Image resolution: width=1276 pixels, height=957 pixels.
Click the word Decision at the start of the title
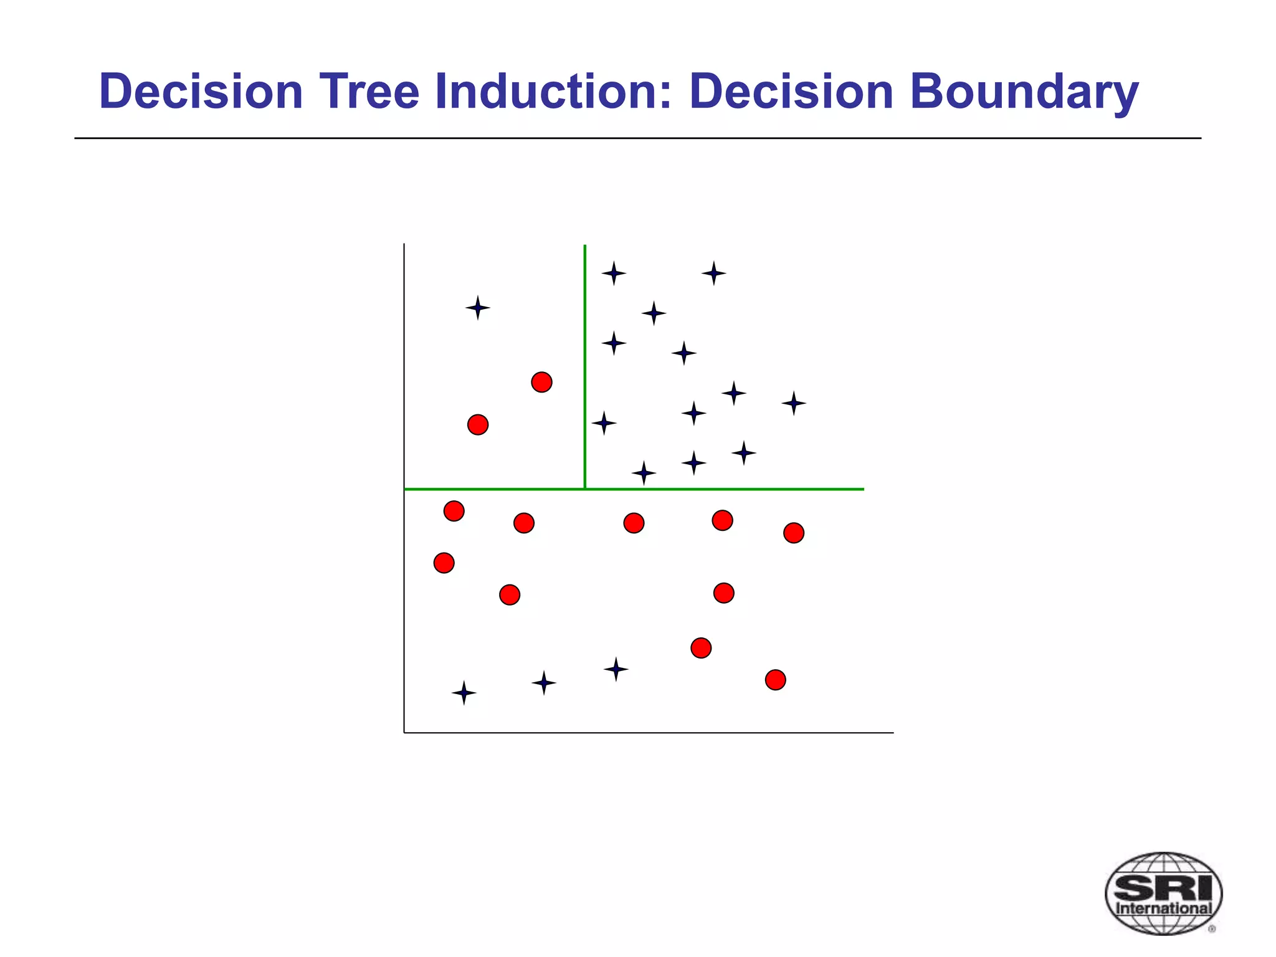[201, 92]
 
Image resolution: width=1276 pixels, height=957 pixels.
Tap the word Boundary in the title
[1024, 92]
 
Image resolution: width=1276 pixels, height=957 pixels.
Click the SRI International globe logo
[1163, 893]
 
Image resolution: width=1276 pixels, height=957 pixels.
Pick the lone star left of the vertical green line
[478, 308]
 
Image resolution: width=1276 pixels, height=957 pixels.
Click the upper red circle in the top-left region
[541, 382]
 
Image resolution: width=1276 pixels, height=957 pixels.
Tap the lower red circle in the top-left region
[478, 425]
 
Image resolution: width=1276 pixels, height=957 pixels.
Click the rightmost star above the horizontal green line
[794, 403]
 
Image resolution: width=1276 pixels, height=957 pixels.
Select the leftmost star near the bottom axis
[464, 693]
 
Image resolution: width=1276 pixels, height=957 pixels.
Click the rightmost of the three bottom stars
[616, 669]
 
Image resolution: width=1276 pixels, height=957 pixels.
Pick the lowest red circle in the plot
[775, 680]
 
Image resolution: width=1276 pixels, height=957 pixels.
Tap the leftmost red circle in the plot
[444, 563]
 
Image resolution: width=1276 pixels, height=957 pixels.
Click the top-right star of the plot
[713, 273]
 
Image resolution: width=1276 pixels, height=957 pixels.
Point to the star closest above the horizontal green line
[644, 474]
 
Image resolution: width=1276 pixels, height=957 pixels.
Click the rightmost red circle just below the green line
[793, 533]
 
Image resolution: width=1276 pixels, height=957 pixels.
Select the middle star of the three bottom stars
[543, 683]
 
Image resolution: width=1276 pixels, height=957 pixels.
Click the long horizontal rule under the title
[637, 138]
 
